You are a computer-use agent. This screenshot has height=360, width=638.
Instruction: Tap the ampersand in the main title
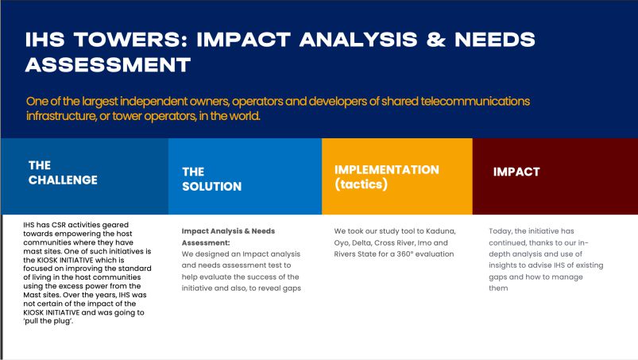(435, 40)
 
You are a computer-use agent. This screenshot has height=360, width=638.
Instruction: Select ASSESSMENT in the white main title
(108, 64)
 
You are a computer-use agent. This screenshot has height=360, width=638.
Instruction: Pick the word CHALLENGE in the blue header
(63, 180)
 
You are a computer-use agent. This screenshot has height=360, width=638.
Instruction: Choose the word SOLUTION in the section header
(211, 186)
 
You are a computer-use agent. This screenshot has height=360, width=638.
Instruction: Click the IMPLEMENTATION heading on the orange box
(387, 169)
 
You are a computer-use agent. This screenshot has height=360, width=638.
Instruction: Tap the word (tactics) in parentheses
(361, 184)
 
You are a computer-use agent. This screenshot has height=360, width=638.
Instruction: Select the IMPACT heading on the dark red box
(516, 172)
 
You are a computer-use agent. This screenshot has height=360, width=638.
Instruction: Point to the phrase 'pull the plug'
(48, 321)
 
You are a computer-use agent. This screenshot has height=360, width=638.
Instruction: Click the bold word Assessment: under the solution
(206, 243)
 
